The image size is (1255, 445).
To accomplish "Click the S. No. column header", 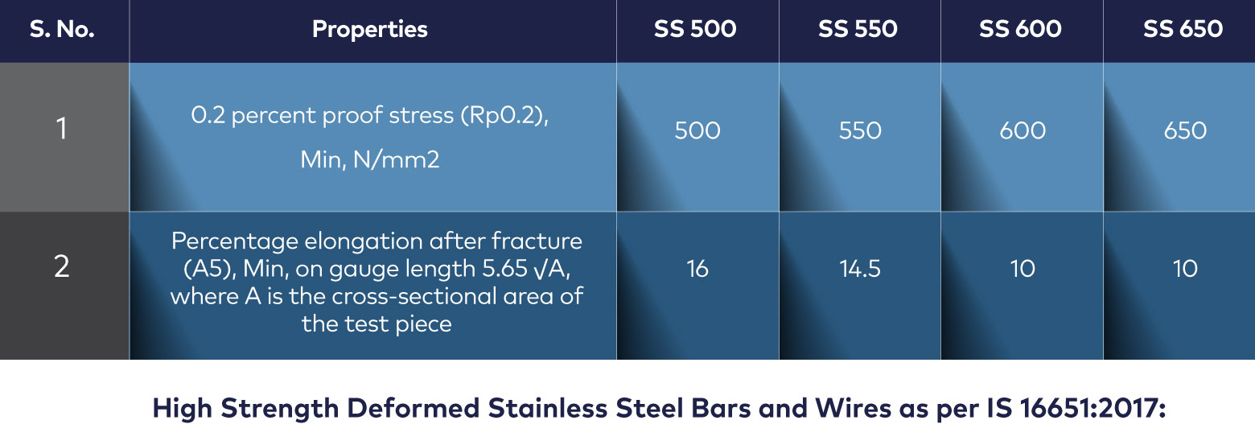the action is pos(62,29).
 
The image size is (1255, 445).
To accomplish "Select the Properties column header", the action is pos(370,30).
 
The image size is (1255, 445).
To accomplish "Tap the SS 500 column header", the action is pos(695,29).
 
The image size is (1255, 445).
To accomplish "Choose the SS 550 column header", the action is pos(858,29).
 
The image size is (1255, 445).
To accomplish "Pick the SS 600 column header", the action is pos(1020,29).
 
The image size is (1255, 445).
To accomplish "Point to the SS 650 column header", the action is pos(1183,29).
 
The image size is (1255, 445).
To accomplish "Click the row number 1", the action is pos(61,128).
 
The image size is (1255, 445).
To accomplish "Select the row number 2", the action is pos(62,266).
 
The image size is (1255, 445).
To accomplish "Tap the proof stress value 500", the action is pos(697,130).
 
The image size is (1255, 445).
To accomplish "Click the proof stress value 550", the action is pos(860,130).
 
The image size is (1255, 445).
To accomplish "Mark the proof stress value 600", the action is pos(1023,130).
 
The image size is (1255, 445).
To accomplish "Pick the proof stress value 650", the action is pos(1185,130).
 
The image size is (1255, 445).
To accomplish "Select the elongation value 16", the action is pos(697,269).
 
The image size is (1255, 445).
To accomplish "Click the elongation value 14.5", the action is pos(859,269).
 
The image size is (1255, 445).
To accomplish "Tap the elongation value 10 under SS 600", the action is pos(1023,269).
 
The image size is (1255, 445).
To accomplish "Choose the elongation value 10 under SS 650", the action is pos(1185,269).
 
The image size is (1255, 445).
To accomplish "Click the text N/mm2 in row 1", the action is pos(396,160).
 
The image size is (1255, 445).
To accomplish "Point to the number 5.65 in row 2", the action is pos(504,269).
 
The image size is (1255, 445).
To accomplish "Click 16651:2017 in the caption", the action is pos(1092,408).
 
